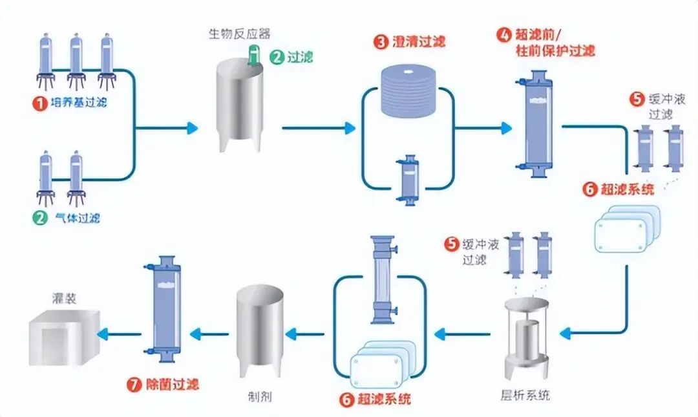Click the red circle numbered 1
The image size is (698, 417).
tap(39, 103)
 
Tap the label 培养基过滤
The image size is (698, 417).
tap(78, 103)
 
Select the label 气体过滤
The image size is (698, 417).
tap(78, 218)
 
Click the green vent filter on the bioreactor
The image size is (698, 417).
tap(254, 55)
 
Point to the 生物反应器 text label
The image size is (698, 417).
tap(240, 34)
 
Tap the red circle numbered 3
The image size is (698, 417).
tap(381, 42)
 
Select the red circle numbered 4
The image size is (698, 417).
tap(503, 35)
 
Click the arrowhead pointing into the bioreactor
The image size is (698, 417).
tap(192, 128)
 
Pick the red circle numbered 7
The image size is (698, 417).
tap(134, 385)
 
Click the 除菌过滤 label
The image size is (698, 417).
tap(173, 385)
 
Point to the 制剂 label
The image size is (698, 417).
tap(260, 396)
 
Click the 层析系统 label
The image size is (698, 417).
tap(525, 395)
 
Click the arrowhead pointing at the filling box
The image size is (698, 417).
tap(103, 334)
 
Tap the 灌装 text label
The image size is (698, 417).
tap(64, 298)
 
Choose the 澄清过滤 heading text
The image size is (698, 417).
tap(419, 42)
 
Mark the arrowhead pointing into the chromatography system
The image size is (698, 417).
tap(566, 333)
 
